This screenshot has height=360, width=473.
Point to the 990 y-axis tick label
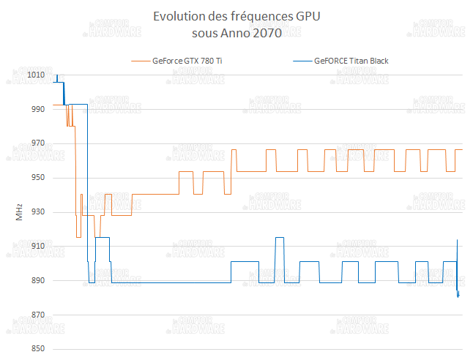[x=37, y=109]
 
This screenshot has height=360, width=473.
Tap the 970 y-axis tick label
[x=37, y=143]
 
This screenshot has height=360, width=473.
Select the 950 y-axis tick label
[x=37, y=178]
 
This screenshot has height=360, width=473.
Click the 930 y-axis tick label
[x=37, y=212]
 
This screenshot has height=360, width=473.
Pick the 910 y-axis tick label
[x=37, y=247]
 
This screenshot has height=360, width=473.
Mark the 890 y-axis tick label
[x=37, y=280]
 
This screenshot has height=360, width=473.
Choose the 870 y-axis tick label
[x=37, y=315]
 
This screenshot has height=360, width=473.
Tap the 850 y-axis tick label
[x=37, y=349]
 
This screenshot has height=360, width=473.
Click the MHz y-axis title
[x=19, y=212]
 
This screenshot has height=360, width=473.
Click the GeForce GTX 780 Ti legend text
[x=187, y=61]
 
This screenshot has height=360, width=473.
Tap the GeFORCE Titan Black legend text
[x=351, y=61]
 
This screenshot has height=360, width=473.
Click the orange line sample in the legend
[x=138, y=61]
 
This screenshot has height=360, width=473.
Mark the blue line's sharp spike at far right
[x=458, y=241]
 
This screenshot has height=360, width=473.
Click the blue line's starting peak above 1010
[x=57, y=75]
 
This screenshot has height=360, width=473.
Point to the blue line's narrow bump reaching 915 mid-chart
[x=279, y=238]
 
